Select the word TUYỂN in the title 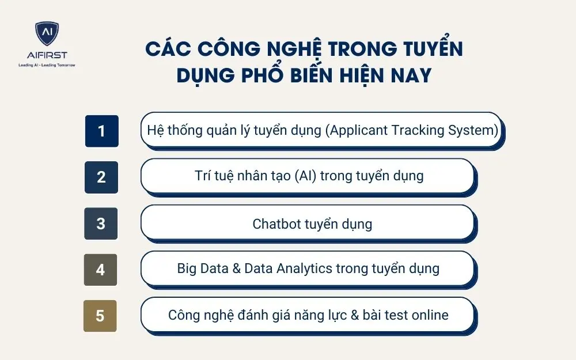429,49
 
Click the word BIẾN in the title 326,75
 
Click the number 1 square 102,131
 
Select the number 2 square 101,177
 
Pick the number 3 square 101,223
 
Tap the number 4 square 101,270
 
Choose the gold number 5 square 100,316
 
